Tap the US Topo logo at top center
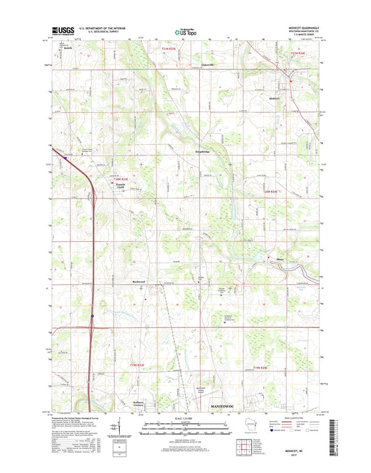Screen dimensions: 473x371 click(x=184, y=31)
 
